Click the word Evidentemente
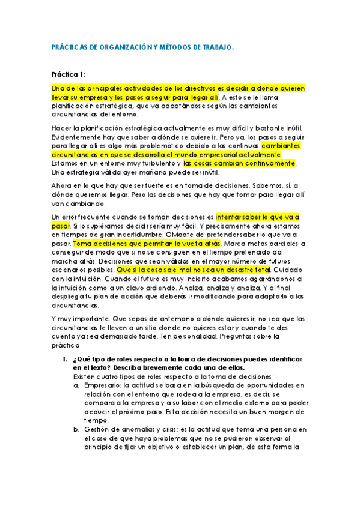point(81,137)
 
